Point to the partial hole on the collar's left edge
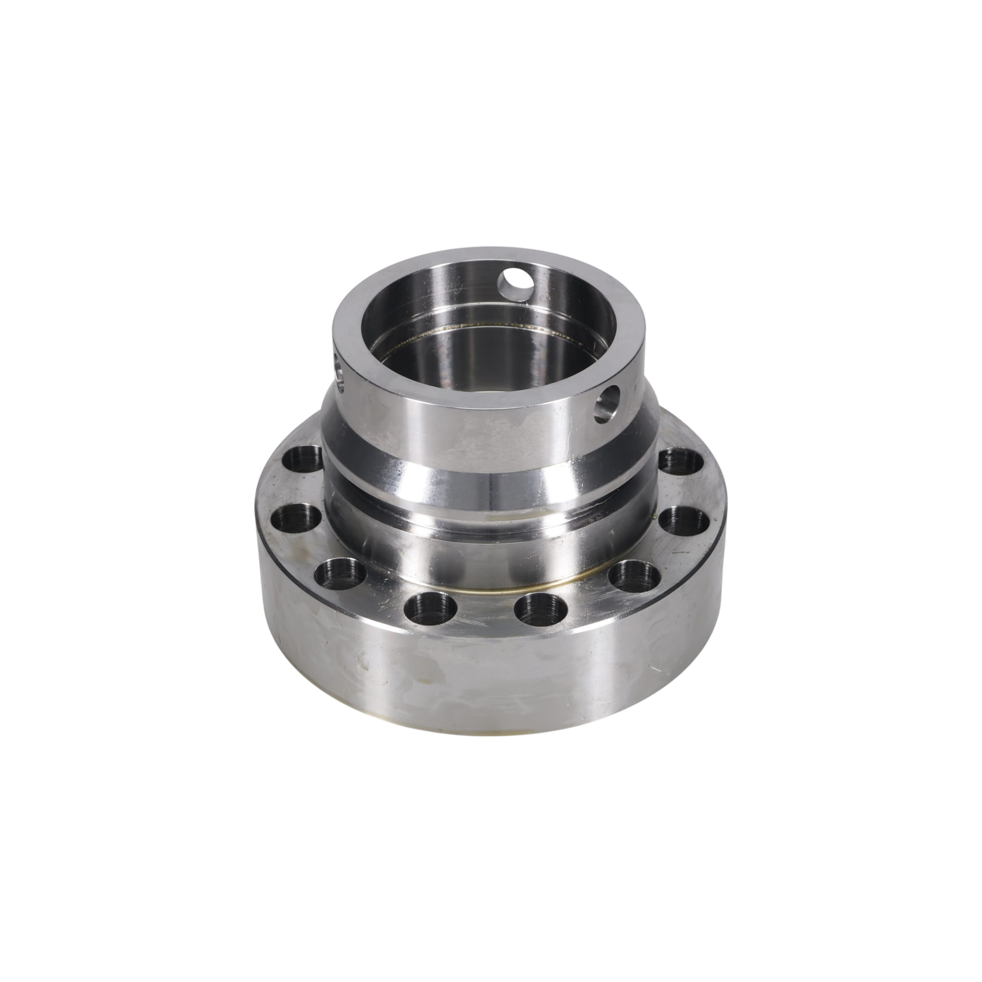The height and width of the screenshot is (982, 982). click(x=339, y=374)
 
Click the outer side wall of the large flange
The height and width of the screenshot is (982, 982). click(x=488, y=676)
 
